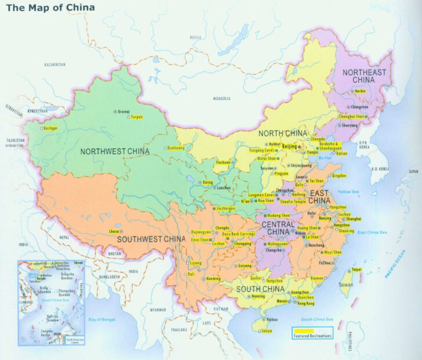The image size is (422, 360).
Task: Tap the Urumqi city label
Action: point(125,111)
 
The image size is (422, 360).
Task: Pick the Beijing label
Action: point(290,147)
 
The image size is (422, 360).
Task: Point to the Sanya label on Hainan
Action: point(267,330)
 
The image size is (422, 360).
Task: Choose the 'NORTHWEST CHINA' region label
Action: point(115,151)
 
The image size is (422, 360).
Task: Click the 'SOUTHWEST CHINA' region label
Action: point(151,238)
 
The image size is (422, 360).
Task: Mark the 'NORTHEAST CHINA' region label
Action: point(364,77)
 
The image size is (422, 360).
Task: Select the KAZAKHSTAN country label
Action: point(54,64)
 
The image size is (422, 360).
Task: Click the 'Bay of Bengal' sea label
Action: point(102,319)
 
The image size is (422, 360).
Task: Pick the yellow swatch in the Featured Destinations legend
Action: point(303,331)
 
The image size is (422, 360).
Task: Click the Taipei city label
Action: point(356,270)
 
